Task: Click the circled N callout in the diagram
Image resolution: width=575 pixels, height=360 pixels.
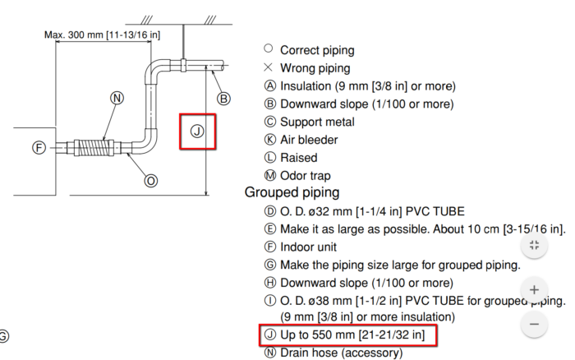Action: (117, 98)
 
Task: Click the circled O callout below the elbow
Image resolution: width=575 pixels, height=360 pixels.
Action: (151, 180)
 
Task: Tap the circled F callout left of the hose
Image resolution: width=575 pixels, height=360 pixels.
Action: (39, 148)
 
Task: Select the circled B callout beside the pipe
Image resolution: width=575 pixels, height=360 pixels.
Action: (223, 99)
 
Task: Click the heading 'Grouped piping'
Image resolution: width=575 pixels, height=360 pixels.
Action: (292, 192)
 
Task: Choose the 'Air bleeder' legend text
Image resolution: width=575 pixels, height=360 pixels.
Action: (309, 140)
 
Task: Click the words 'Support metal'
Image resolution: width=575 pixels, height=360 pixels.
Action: (317, 122)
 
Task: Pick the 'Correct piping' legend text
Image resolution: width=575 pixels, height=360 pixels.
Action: (317, 50)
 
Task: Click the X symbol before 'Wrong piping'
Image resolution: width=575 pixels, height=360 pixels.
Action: (268, 68)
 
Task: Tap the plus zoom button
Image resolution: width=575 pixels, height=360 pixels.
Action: (534, 290)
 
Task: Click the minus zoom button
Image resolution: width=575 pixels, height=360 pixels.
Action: (534, 324)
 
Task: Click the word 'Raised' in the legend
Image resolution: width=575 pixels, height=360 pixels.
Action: (298, 157)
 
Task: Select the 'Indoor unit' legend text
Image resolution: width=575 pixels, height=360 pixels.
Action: (308, 247)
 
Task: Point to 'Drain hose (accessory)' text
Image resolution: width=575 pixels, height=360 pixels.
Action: (341, 353)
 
